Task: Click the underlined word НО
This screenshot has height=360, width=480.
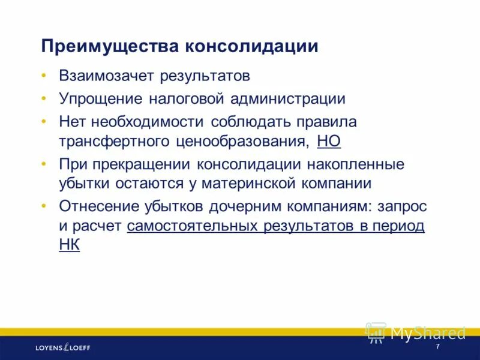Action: (x=328, y=142)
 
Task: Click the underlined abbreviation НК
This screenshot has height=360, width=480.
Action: (x=69, y=245)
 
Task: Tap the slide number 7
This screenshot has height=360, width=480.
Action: (x=437, y=347)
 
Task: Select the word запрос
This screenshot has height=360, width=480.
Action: (x=402, y=206)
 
